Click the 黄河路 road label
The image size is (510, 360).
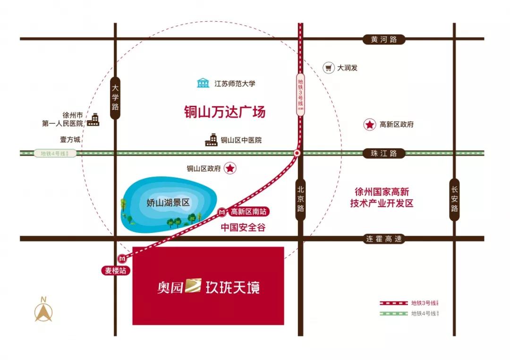(384, 40)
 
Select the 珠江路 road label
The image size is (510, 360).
(384, 154)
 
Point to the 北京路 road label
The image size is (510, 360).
(301, 199)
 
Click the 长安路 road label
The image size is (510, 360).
(454, 199)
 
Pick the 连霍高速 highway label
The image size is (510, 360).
(384, 239)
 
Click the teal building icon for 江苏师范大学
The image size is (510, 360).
(204, 84)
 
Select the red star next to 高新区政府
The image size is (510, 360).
(369, 125)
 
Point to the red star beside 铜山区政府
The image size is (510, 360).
(230, 168)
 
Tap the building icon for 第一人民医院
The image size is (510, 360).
(94, 120)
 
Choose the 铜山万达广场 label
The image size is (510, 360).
(225, 112)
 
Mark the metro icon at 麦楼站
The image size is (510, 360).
(123, 259)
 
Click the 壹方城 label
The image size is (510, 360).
(70, 140)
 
